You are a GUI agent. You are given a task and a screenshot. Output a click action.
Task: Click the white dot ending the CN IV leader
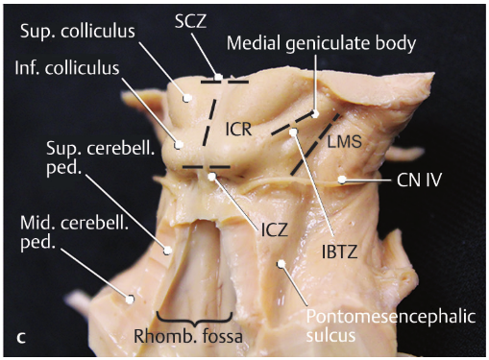pyautogui.click(x=343, y=180)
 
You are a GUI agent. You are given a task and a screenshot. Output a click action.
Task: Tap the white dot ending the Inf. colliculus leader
pyautogui.click(x=179, y=145)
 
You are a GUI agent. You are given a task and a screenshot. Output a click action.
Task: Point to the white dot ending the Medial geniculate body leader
pyautogui.click(x=315, y=113)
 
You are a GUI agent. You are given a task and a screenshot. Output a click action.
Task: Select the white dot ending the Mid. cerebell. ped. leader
pyautogui.click(x=131, y=298)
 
